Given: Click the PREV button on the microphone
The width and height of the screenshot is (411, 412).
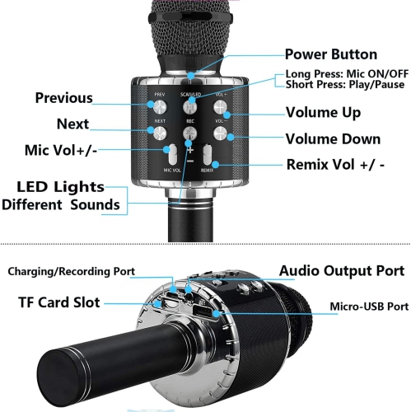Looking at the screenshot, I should click(x=159, y=106).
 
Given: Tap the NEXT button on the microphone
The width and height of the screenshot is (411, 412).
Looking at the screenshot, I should click(x=159, y=131).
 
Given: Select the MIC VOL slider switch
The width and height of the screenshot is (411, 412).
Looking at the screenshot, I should click(x=172, y=153).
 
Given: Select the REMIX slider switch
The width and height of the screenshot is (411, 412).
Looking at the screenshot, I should click(x=208, y=154).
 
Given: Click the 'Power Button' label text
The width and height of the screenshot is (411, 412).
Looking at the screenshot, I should click(x=331, y=54).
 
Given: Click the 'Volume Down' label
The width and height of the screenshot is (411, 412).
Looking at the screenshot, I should click(x=333, y=138).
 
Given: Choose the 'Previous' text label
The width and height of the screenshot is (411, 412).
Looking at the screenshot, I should click(x=63, y=98).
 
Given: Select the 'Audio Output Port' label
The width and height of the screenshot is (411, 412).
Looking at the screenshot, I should click(x=341, y=270).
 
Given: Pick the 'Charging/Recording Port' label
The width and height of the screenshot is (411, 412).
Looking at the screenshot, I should click(x=72, y=271).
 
